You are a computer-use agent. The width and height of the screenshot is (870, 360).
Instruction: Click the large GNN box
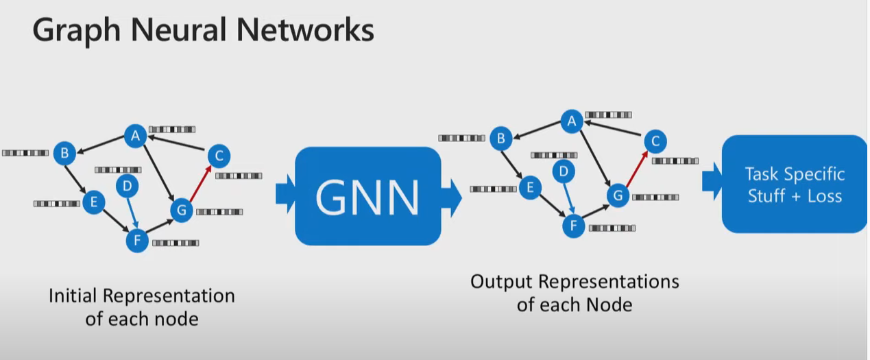click(x=367, y=196)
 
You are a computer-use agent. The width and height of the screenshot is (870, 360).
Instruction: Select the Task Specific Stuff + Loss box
click(x=794, y=184)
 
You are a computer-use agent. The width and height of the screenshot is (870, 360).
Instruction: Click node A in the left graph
click(x=135, y=136)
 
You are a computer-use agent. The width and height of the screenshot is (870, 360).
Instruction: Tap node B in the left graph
click(x=64, y=153)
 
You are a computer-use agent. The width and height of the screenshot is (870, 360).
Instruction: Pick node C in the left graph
click(x=218, y=156)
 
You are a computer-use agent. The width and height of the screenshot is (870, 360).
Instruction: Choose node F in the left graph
click(x=137, y=241)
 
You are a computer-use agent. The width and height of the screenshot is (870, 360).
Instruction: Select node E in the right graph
click(x=529, y=187)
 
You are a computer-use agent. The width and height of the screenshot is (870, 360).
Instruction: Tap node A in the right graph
click(x=571, y=121)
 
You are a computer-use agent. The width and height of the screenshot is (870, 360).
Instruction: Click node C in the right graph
click(x=655, y=141)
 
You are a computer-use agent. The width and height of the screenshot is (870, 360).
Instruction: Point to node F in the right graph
click(x=574, y=226)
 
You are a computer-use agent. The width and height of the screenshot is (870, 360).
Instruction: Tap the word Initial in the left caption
click(x=73, y=296)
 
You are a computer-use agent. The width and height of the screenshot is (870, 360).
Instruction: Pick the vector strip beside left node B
click(x=25, y=153)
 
